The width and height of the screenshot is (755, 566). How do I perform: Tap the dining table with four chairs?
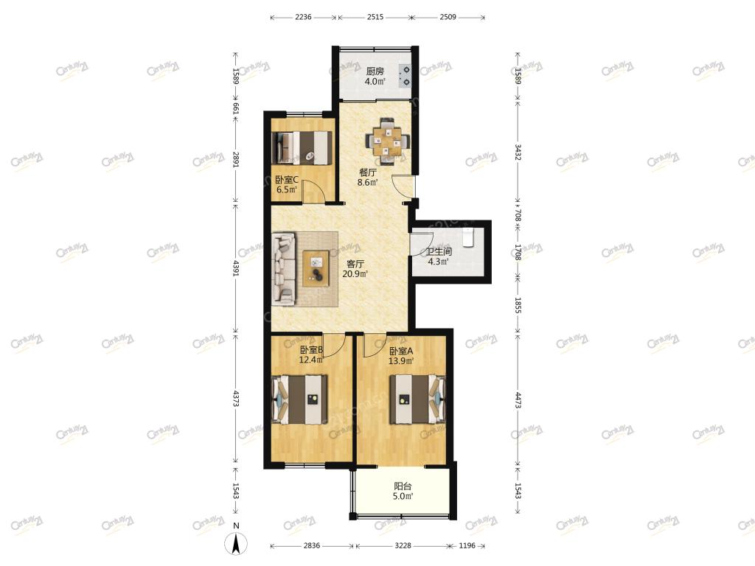click(387, 141)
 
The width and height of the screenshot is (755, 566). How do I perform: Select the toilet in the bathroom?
click(468, 237)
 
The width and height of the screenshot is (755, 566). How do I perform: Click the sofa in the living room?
click(284, 268)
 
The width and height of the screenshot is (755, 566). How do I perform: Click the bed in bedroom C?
click(302, 147)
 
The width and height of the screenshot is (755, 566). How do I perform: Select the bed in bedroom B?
click(301, 399)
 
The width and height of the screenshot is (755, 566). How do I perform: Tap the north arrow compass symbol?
click(236, 544)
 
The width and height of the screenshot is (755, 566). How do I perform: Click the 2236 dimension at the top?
click(303, 18)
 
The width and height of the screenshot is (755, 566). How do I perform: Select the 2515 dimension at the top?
click(375, 18)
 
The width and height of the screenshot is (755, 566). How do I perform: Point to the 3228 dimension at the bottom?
click(403, 546)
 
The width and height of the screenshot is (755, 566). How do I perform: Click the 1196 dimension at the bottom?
click(467, 546)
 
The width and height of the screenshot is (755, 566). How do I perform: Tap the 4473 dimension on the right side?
click(518, 400)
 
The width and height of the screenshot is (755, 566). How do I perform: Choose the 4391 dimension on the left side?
click(236, 268)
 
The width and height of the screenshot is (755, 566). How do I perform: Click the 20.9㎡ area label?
click(355, 274)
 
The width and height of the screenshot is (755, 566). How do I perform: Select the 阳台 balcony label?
click(403, 486)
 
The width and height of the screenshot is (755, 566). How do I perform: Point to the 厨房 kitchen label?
click(375, 71)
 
